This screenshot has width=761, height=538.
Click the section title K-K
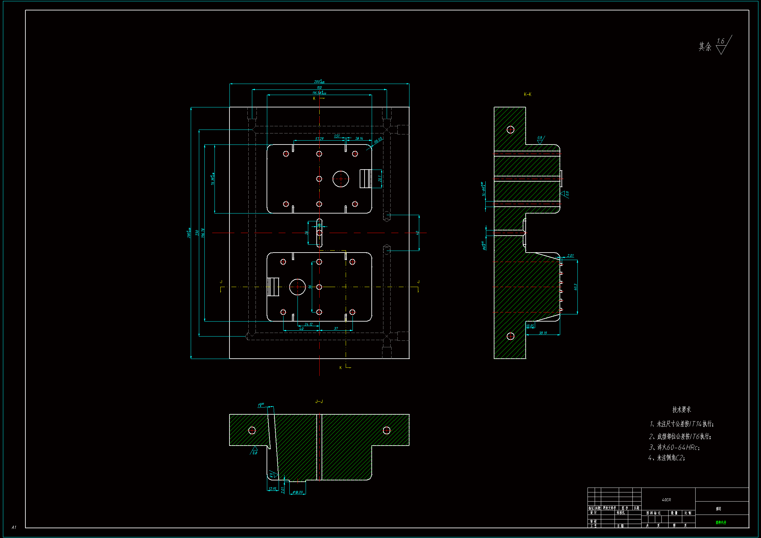pos(527,94)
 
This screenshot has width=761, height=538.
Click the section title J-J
pos(319,401)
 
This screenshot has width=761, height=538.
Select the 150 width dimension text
pos(319,88)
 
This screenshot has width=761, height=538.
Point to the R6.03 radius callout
pos(378,140)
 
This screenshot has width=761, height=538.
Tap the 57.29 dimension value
pos(319,139)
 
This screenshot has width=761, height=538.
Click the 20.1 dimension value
pos(380,178)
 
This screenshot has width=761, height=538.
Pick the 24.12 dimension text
pos(308,324)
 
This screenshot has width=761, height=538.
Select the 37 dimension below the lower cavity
pos(336,328)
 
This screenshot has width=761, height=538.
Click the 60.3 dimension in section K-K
pos(575,287)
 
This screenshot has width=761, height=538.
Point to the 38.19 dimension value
pos(543,333)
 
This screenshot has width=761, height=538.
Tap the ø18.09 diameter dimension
pos(297,492)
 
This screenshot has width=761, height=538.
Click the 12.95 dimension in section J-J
pos(272,489)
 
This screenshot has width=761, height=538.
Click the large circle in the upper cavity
pos(341,179)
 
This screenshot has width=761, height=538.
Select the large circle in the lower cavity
pos(297,287)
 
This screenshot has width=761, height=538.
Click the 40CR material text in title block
pos(666,500)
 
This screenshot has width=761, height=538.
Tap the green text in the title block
pos(721,522)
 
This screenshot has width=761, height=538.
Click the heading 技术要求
pos(682,410)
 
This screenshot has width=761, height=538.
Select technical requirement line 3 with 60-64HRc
pos(674,448)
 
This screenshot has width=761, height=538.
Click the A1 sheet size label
pos(14,527)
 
